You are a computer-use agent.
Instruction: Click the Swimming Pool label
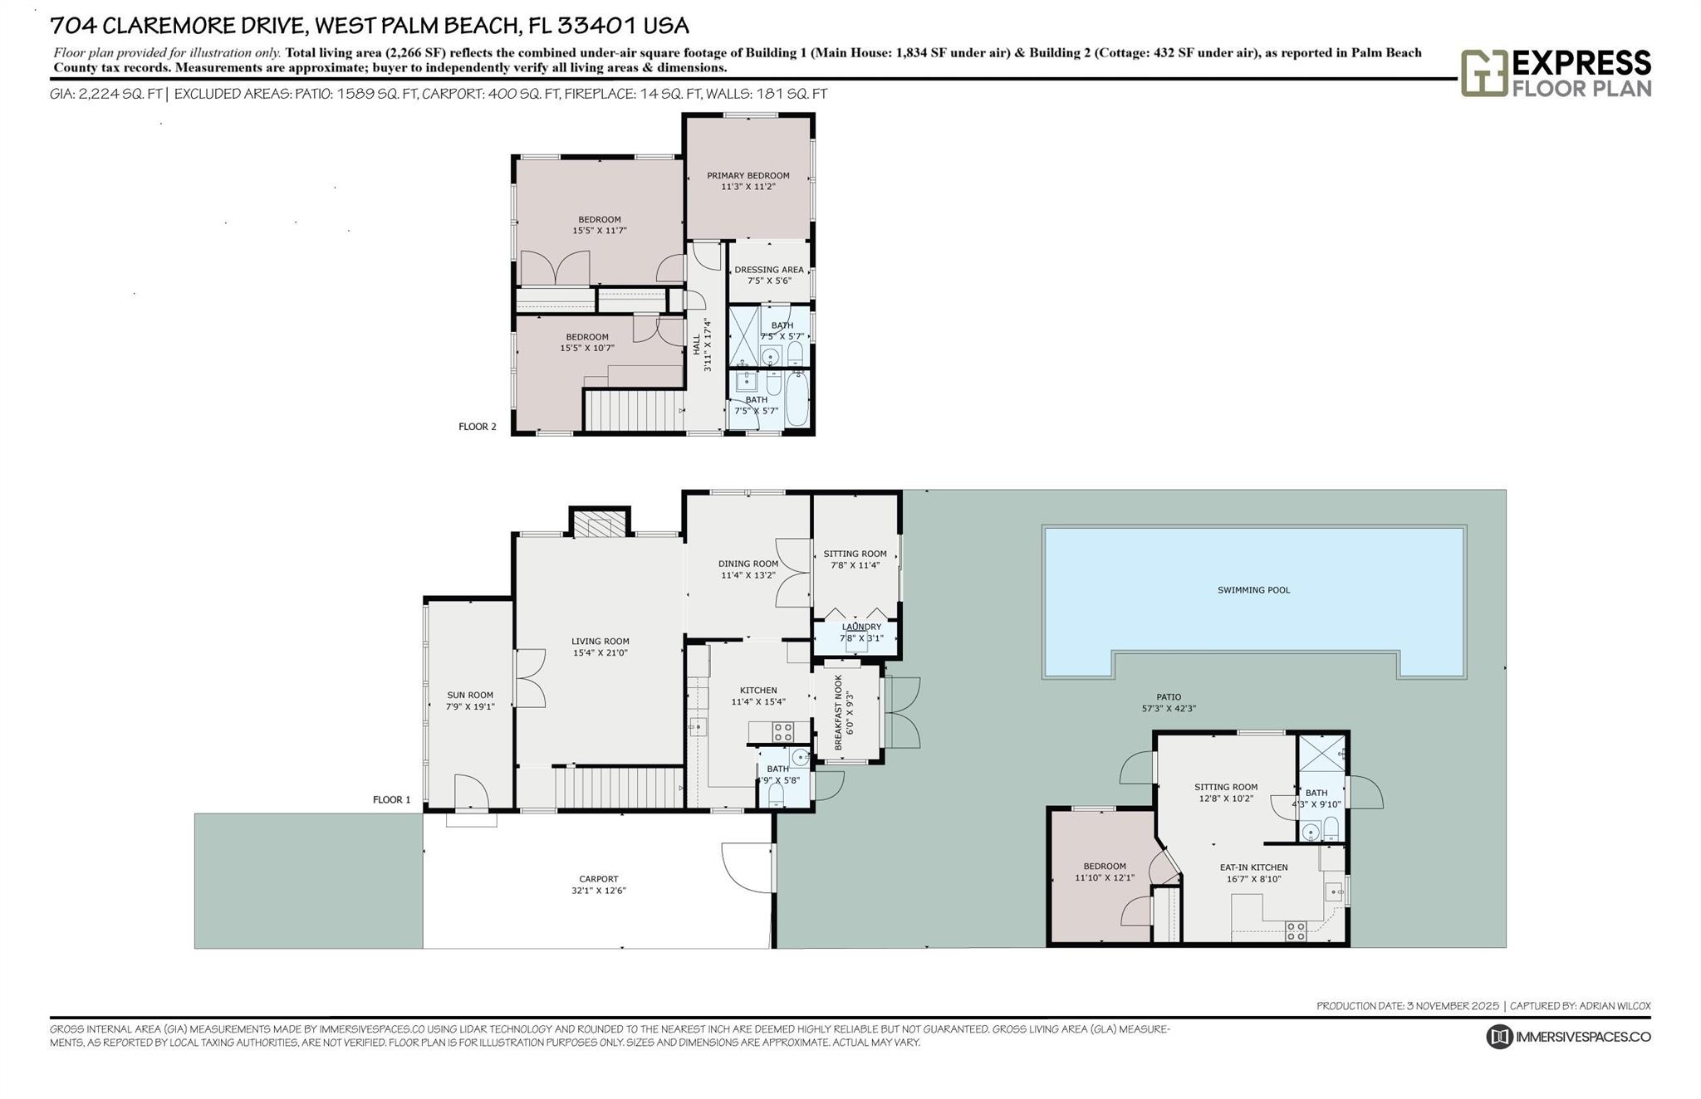pos(1253,590)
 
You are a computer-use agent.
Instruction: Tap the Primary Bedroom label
pos(748,176)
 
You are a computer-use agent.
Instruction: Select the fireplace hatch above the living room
pos(600,525)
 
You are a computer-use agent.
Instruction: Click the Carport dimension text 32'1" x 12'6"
pos(599,891)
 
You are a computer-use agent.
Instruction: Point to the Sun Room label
pos(470,696)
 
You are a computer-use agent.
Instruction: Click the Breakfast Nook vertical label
pos(839,712)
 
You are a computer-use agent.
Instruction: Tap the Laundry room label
pos(861,628)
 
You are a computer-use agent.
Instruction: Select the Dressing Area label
pos(769,270)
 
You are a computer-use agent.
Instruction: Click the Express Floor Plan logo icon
pos(1483,73)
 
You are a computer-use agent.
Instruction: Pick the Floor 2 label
pos(478,427)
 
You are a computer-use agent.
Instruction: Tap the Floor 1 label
pos(391,800)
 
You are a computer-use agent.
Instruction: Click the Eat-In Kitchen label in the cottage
pos(1253,867)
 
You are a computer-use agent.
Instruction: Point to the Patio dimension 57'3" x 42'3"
pos(1169,709)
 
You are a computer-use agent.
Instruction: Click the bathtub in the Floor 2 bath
pos(797,399)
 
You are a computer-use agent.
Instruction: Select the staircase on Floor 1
pos(618,788)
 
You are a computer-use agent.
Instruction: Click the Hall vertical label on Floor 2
pos(697,344)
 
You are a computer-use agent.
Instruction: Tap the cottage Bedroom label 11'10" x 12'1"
pos(1104,867)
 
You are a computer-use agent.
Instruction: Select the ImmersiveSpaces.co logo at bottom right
pos(1499,1037)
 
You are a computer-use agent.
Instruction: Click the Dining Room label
pos(748,564)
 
